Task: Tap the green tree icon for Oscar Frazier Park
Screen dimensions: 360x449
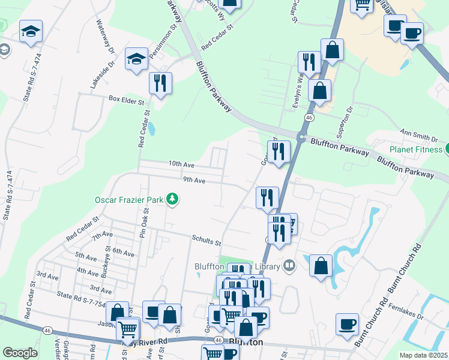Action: click(172, 199)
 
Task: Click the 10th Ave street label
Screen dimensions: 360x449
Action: click(181, 164)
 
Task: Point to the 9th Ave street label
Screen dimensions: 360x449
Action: click(194, 180)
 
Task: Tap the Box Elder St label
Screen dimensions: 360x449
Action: click(127, 99)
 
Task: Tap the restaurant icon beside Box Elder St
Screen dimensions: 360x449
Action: click(160, 83)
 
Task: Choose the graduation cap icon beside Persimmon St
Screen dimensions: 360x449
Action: click(136, 59)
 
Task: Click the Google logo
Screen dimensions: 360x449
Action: click(20, 353)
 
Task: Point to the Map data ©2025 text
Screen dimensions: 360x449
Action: click(423, 355)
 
